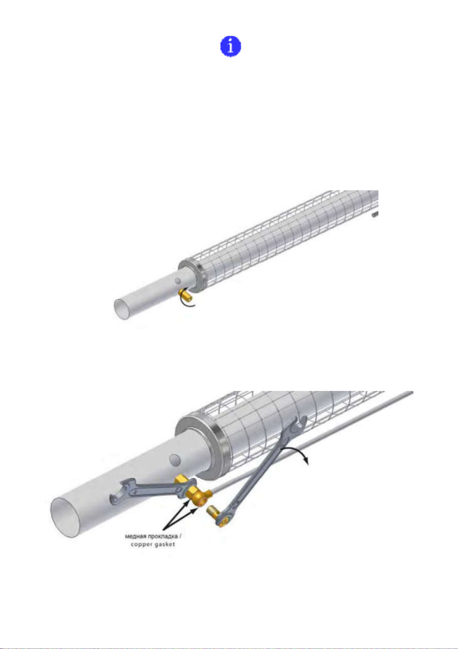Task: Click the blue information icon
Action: [x=231, y=46]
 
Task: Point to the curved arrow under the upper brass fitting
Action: [x=188, y=302]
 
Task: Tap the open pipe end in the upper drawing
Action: [x=122, y=309]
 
